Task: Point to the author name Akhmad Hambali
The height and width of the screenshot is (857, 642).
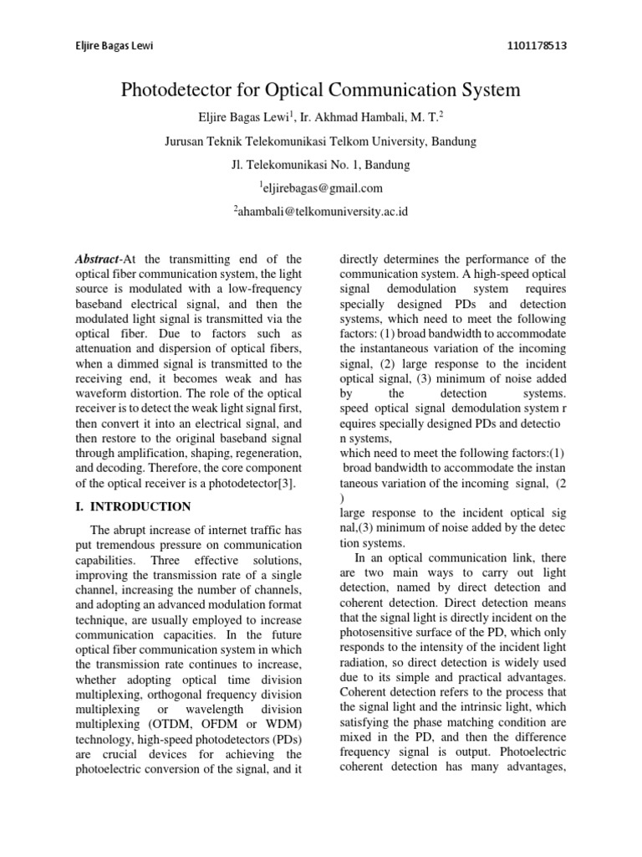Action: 372,118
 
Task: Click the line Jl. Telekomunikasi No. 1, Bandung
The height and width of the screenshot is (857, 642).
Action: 320,165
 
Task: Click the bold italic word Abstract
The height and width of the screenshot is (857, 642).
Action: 96,259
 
